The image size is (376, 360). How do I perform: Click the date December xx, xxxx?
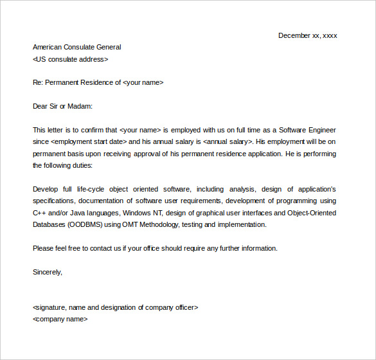pyautogui.click(x=307, y=35)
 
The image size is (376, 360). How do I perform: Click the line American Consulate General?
pyautogui.click(x=76, y=47)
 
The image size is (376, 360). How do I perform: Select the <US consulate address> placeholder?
pyautogui.click(x=70, y=59)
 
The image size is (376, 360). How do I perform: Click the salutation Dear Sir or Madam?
pyautogui.click(x=63, y=106)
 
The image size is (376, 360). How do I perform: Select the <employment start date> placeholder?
pyautogui.click(x=88, y=141)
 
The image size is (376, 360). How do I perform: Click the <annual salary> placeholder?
pyautogui.click(x=228, y=141)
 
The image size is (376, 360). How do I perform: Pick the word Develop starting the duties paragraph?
pyautogui.click(x=45, y=189)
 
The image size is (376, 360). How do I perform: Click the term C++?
pyautogui.click(x=39, y=213)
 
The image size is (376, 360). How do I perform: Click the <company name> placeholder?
pyautogui.click(x=60, y=319)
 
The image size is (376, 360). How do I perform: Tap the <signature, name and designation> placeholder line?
pyautogui.click(x=115, y=307)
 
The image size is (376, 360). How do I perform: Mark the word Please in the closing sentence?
pyautogui.click(x=43, y=248)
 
